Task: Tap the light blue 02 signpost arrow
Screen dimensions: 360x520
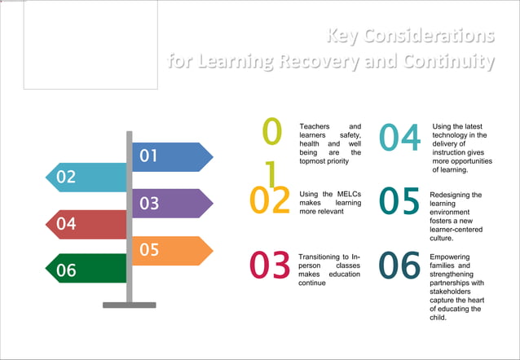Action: (86, 178)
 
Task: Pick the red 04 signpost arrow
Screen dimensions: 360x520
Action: (86, 224)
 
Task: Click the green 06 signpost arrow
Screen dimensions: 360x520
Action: (86, 270)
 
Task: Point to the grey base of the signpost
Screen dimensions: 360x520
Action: (129, 305)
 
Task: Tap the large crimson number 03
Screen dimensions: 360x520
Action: (270, 265)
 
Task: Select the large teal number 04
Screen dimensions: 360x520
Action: (400, 138)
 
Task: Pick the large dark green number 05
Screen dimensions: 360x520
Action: (400, 202)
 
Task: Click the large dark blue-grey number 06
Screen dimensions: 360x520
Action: (400, 265)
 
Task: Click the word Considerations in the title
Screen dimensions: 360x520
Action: (432, 36)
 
